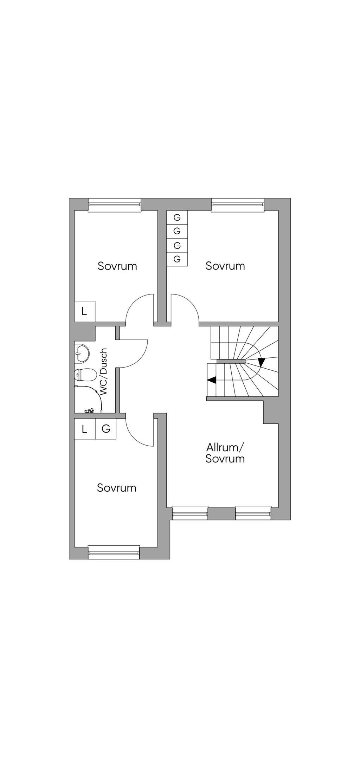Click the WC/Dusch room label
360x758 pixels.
pyautogui.click(x=103, y=372)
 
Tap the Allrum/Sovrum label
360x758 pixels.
pyautogui.click(x=225, y=453)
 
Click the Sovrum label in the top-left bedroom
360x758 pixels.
pyautogui.click(x=117, y=266)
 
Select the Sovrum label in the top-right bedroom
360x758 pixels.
pyautogui.click(x=225, y=266)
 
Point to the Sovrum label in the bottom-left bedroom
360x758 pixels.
pyautogui.click(x=117, y=488)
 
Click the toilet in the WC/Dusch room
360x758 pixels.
pyautogui.click(x=85, y=375)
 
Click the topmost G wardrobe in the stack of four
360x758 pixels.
pyautogui.click(x=177, y=218)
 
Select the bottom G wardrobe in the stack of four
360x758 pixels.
pyautogui.click(x=177, y=259)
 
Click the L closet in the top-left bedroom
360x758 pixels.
pyautogui.click(x=84, y=311)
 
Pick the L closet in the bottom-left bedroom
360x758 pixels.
pyautogui.click(x=84, y=429)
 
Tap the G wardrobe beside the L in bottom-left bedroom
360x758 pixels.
pyautogui.click(x=106, y=429)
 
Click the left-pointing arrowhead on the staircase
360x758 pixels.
pyautogui.click(x=212, y=380)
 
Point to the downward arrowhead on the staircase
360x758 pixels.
pyautogui.click(x=261, y=362)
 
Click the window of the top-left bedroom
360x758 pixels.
pyautogui.click(x=114, y=205)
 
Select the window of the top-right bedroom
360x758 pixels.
pyautogui.click(x=237, y=205)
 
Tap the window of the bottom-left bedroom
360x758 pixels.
pyautogui.click(x=114, y=552)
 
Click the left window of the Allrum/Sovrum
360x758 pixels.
pyautogui.click(x=190, y=513)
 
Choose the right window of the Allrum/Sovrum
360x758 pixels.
pyautogui.click(x=253, y=513)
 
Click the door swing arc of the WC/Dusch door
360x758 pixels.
pyautogui.click(x=142, y=355)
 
